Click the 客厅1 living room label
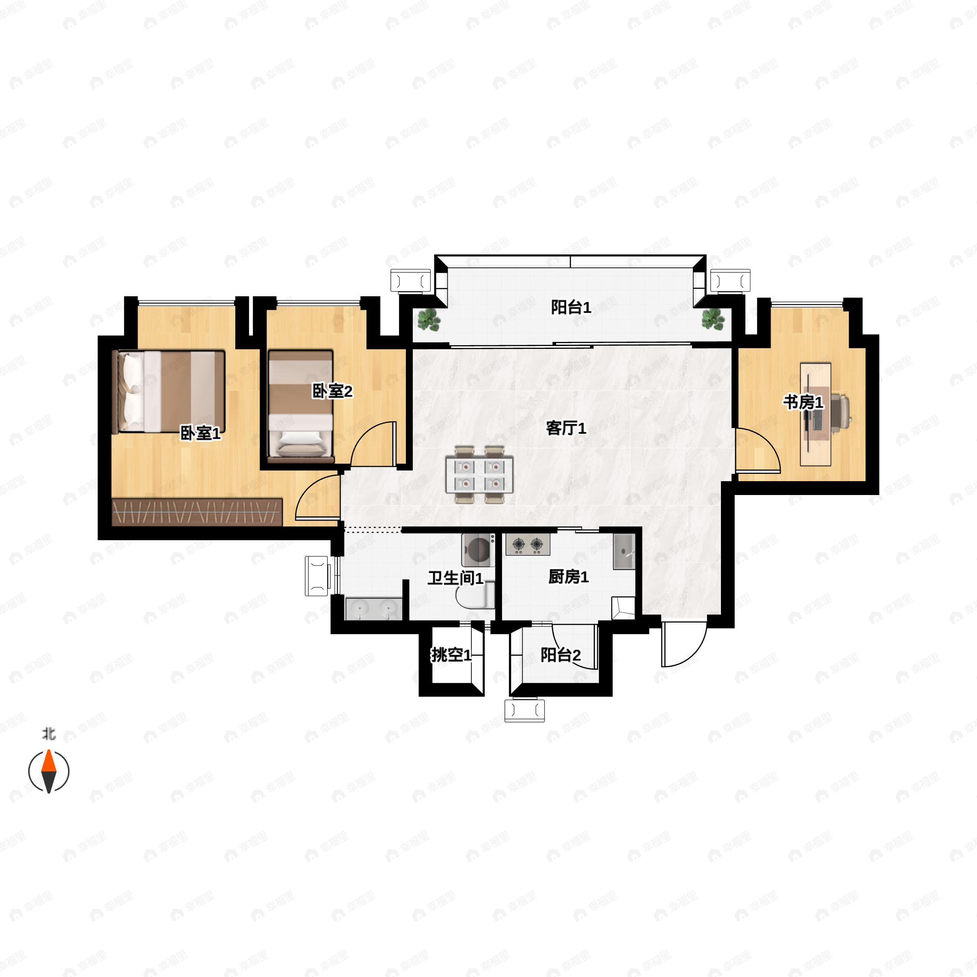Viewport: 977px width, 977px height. point(566,428)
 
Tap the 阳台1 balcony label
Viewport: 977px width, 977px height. point(571,307)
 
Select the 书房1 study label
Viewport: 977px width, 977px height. point(803,402)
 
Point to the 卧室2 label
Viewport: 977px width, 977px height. point(332,390)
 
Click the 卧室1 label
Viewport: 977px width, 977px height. point(200,433)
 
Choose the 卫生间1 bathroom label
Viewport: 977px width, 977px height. point(455,578)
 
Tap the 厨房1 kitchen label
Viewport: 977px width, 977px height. point(568,576)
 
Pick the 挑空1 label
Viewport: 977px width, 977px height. point(451,655)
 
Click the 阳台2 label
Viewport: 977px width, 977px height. point(560,655)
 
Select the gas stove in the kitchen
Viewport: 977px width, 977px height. point(528,545)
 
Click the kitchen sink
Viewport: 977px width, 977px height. point(624,552)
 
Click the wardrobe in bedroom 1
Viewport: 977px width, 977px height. point(197,512)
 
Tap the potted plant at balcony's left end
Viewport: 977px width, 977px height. point(429,319)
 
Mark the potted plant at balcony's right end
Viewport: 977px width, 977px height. point(712,319)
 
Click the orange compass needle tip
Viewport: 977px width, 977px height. point(48,752)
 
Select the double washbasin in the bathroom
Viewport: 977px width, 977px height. point(374,608)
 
